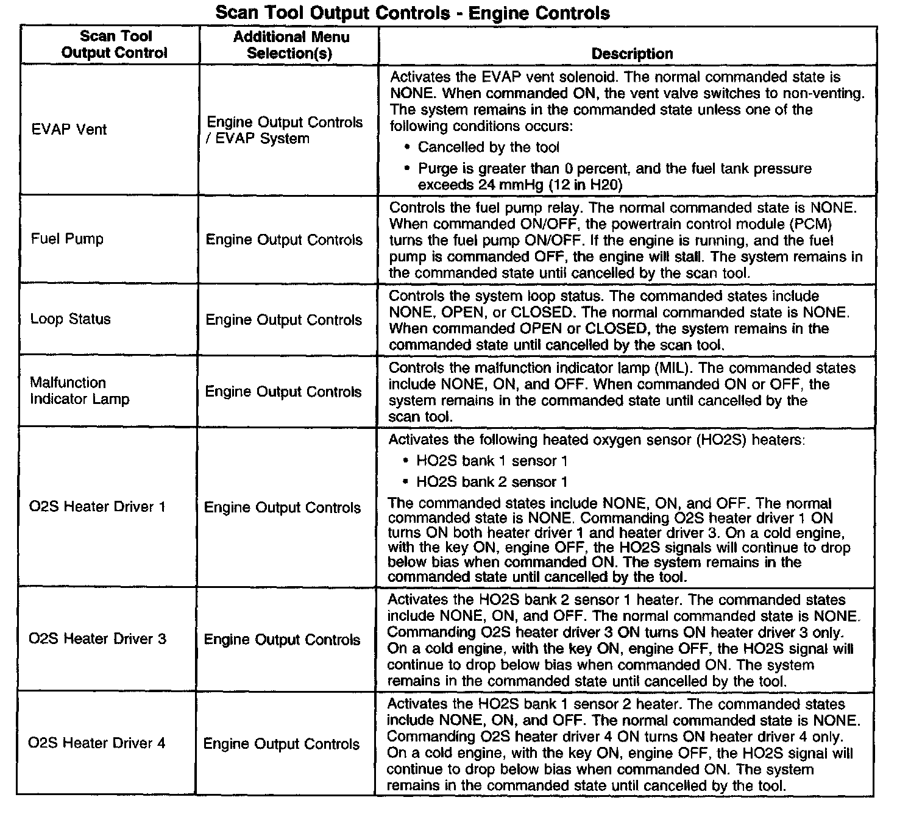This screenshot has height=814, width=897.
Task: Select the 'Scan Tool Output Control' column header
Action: [114, 45]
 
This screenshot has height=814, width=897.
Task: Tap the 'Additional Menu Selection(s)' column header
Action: [291, 45]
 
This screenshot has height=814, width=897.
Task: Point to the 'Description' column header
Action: [632, 54]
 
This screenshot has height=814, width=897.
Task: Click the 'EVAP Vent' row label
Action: [69, 129]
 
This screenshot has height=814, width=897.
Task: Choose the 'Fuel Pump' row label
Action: [67, 239]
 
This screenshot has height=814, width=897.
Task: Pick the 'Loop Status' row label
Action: [71, 319]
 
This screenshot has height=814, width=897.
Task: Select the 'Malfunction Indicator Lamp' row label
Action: [79, 391]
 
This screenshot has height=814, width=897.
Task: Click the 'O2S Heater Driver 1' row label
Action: [97, 507]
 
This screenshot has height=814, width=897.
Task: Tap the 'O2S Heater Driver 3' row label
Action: [97, 639]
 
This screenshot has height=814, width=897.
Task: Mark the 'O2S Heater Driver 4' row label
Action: [97, 743]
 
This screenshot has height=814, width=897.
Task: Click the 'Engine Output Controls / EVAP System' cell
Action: [284, 130]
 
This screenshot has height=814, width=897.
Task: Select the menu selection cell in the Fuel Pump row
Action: [284, 240]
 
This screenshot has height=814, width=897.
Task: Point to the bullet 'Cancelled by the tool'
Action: [488, 147]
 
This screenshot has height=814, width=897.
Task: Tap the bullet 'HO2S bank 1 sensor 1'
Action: [492, 461]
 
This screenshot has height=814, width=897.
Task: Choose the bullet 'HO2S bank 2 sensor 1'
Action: [492, 483]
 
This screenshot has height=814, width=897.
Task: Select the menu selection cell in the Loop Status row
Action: [284, 320]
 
